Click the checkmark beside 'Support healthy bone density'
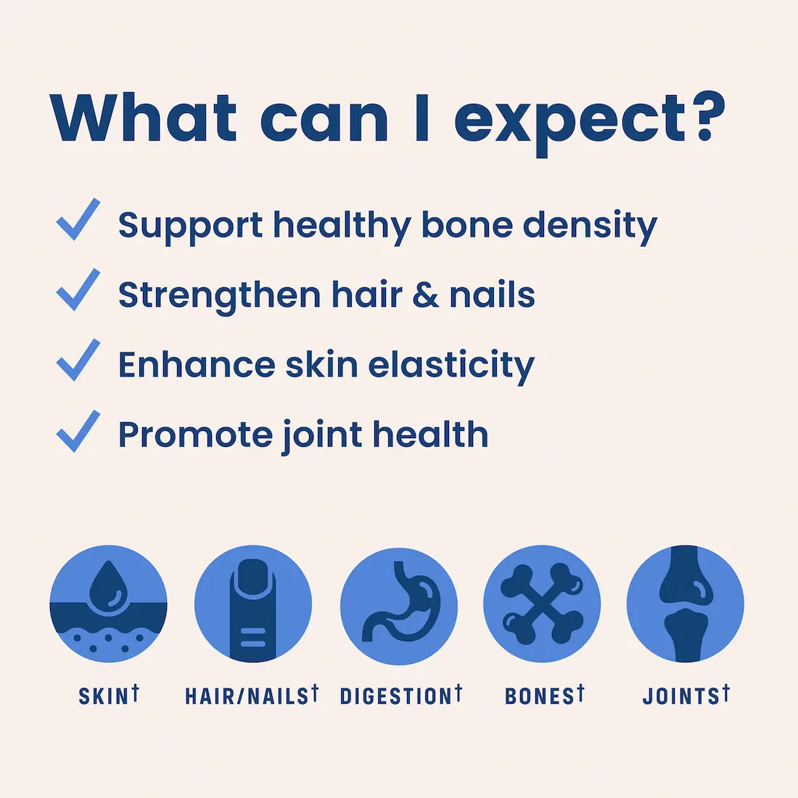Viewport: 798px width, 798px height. (78, 219)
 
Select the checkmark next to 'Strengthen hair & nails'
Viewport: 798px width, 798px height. (78, 289)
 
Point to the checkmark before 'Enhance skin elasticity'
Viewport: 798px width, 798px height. (78, 360)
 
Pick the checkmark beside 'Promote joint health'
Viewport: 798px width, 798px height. (78, 430)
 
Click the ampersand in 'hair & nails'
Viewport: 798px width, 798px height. (425, 295)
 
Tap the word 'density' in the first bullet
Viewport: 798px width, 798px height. (591, 227)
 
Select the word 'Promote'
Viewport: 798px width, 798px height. (195, 435)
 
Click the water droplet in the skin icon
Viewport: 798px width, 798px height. (108, 585)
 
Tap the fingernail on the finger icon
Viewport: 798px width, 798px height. (253, 577)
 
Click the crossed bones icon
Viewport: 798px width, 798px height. (541, 604)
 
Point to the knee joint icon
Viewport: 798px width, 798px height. (685, 604)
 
